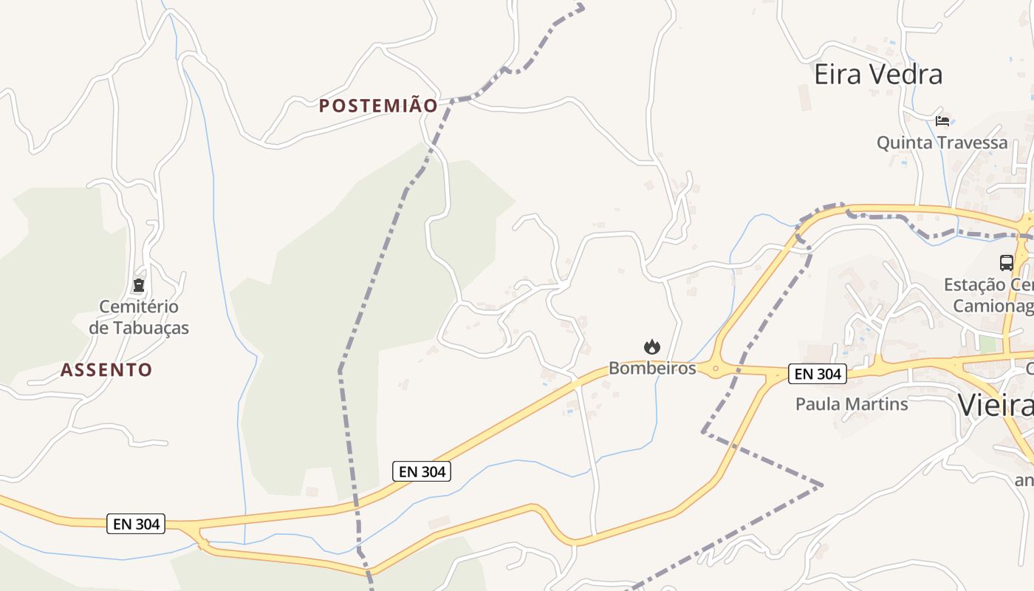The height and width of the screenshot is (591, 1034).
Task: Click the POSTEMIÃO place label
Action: (x=378, y=106)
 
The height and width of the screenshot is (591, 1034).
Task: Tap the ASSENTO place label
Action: (x=106, y=370)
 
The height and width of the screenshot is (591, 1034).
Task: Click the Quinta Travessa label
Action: (x=942, y=143)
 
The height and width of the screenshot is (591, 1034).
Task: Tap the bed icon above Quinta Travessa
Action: (x=942, y=120)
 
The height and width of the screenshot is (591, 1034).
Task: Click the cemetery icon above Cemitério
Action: (x=138, y=285)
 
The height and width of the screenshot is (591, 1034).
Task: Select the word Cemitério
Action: (x=139, y=307)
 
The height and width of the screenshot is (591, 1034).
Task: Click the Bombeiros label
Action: (x=652, y=368)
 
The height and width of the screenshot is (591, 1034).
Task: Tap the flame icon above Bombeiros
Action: (x=651, y=346)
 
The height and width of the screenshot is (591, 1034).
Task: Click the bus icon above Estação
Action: (x=1006, y=262)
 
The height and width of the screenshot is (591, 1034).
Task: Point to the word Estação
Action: (x=974, y=285)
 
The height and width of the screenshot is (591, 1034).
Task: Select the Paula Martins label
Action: (x=852, y=404)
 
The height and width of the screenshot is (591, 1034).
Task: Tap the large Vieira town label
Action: (x=996, y=406)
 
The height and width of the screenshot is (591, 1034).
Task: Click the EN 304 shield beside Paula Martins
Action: (x=817, y=375)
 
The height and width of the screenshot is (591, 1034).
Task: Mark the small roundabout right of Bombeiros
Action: (x=715, y=367)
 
